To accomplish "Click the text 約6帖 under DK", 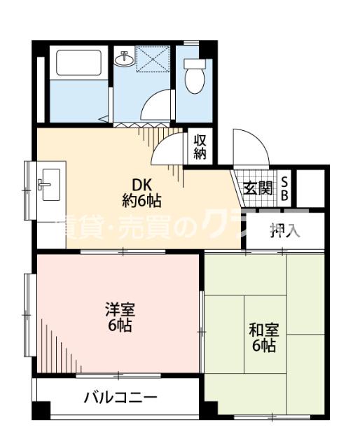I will [x=142, y=202].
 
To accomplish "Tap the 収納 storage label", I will [x=200, y=147].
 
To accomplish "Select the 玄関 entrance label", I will [x=258, y=188].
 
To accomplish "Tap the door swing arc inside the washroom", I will [x=155, y=106].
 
